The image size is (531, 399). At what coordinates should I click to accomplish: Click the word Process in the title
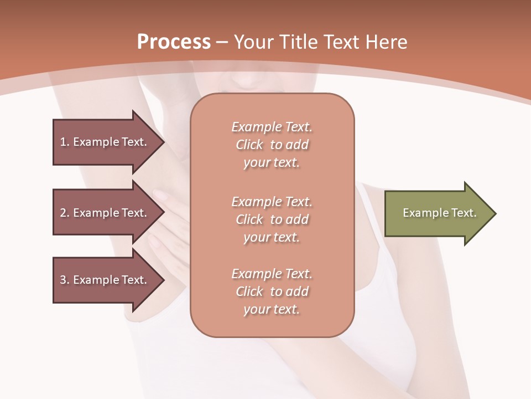click(174, 42)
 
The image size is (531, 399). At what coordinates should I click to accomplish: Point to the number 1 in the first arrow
click(63, 142)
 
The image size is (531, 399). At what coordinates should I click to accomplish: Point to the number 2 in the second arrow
click(63, 213)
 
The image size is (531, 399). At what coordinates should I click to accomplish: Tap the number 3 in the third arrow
click(63, 280)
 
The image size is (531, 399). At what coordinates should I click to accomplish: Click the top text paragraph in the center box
click(272, 145)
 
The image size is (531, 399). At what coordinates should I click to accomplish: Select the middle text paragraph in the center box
click(272, 219)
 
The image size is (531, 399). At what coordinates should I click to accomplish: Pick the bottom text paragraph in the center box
click(272, 291)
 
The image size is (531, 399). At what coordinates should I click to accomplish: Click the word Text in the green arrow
click(464, 213)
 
